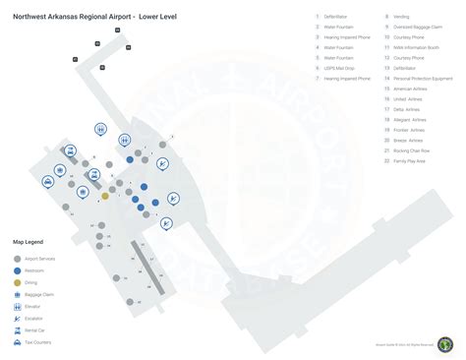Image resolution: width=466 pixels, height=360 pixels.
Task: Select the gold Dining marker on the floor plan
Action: [105, 196]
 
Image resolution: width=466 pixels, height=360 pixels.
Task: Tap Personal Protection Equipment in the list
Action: [422, 78]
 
